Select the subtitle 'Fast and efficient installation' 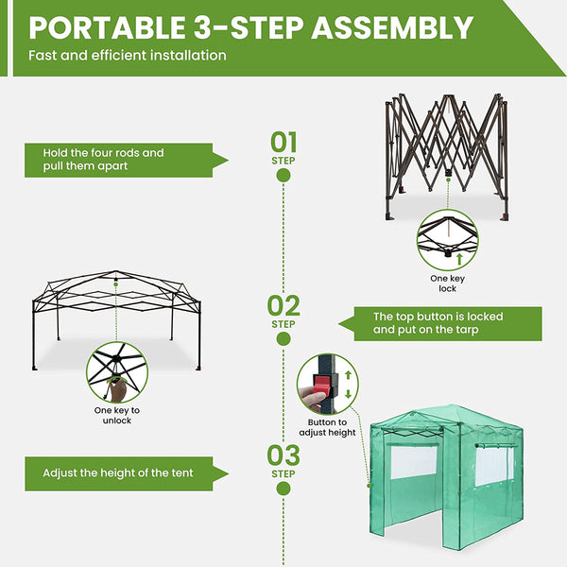pyautogui.click(x=128, y=55)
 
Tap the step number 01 pyautogui.click(x=283, y=142)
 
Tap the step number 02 pyautogui.click(x=283, y=305)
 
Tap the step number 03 pyautogui.click(x=283, y=455)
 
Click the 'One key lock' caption pyautogui.click(x=447, y=283)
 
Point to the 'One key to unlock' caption pyautogui.click(x=117, y=415)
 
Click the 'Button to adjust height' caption pyautogui.click(x=329, y=427)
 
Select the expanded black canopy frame pyautogui.click(x=113, y=302)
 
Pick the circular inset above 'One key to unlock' pyautogui.click(x=117, y=372)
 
